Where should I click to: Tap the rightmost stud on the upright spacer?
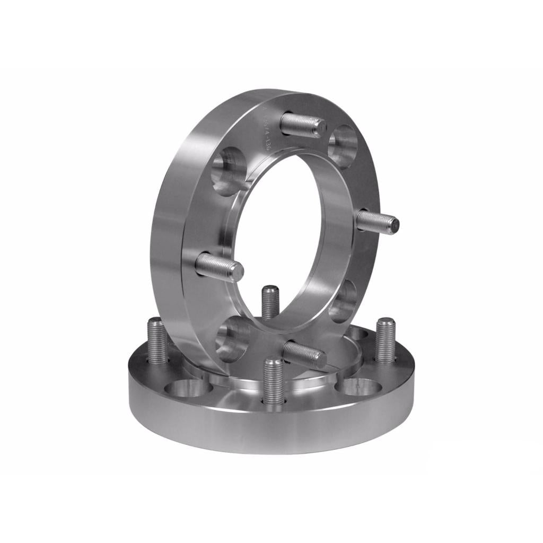[378, 221]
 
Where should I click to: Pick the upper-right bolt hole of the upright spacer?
[341, 141]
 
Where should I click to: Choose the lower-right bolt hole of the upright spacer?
[343, 301]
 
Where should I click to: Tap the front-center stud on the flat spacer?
[274, 382]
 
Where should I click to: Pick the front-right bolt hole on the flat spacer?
[361, 387]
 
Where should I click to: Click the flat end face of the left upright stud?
[237, 271]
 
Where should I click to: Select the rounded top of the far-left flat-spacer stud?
[155, 321]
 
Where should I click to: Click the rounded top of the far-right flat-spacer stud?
[386, 321]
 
